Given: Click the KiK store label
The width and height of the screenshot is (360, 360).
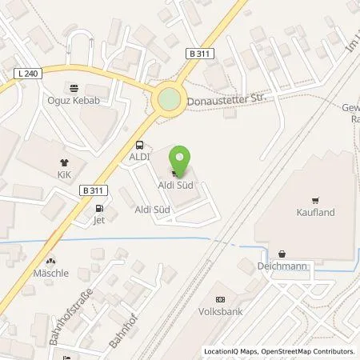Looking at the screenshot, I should (x=64, y=172).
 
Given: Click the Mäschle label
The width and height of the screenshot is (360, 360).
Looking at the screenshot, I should (x=51, y=273).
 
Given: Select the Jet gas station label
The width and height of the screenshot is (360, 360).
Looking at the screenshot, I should (x=99, y=220).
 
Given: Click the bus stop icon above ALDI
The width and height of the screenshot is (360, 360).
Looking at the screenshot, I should (x=141, y=146).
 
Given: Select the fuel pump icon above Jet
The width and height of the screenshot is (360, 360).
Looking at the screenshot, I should (x=100, y=209).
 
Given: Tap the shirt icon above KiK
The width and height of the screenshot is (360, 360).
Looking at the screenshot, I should (x=64, y=160).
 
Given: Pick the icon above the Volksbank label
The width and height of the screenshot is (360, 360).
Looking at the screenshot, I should (x=222, y=290).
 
